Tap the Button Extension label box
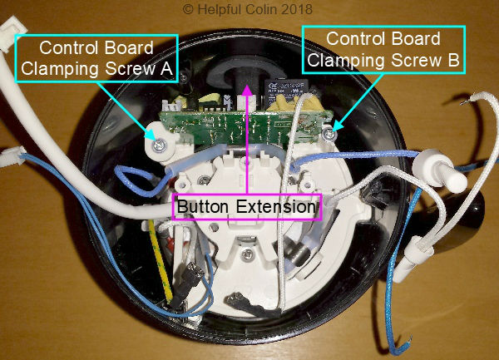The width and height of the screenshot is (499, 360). click(245, 206)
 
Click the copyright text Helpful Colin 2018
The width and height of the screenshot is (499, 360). click(249, 10)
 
